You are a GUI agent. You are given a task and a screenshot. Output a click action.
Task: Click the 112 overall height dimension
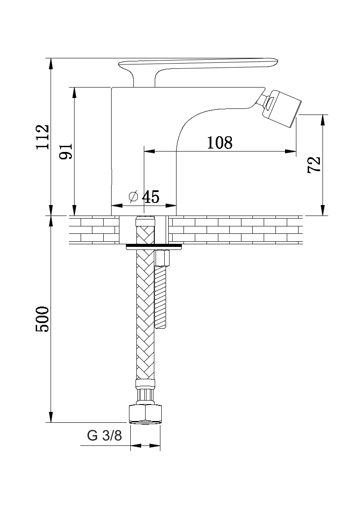pyautogui.click(x=43, y=137)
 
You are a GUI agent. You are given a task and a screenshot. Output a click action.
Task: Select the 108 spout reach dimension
pyautogui.click(x=220, y=143)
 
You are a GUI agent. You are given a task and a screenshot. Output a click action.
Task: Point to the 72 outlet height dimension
pyautogui.click(x=314, y=165)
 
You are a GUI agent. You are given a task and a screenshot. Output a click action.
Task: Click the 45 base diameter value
pyautogui.click(x=151, y=197)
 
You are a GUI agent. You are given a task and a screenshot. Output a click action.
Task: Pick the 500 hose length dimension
pyautogui.click(x=43, y=319)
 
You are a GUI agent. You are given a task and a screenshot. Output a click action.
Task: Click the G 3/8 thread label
pyautogui.click(x=104, y=435)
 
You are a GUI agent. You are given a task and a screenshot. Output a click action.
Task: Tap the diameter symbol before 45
pyautogui.click(x=133, y=196)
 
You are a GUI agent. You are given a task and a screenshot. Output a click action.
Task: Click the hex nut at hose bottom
pyautogui.click(x=145, y=414)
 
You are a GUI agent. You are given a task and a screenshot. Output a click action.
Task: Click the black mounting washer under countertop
pyautogui.click(x=153, y=247)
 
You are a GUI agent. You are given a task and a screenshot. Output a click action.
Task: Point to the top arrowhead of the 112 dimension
pyautogui.click(x=51, y=63)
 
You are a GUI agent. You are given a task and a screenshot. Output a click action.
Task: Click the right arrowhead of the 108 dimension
pyautogui.click(x=291, y=151)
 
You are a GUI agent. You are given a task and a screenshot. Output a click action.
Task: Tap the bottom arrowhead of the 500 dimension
pyautogui.click(x=51, y=417)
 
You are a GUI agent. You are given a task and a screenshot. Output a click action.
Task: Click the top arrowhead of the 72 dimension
pyautogui.click(x=323, y=120)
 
